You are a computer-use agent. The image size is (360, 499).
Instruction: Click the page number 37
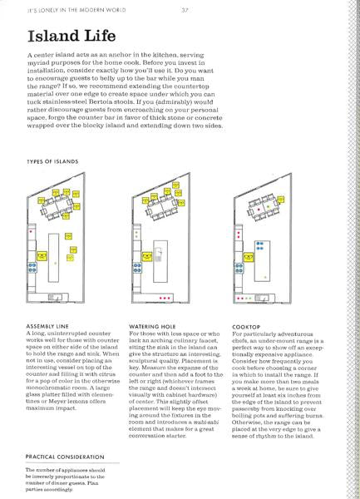point(182,11)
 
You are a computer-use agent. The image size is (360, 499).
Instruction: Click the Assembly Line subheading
point(49,325)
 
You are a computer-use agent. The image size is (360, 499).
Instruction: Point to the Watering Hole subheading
point(155,325)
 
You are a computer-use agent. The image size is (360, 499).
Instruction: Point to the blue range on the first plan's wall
point(32,266)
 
